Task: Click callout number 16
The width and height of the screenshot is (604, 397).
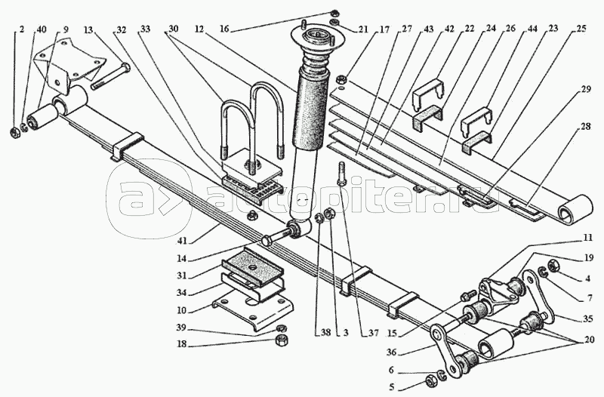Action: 224,29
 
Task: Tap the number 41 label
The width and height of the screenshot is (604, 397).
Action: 182,241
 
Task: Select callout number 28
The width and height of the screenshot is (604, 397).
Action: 586,127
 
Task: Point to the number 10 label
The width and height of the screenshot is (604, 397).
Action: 181,310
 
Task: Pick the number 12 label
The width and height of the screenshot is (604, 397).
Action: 199,29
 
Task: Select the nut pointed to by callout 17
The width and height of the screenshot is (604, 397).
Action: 341,81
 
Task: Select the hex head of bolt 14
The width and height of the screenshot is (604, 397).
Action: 267,242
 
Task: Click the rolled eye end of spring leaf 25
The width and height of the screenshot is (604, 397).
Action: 575,210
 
